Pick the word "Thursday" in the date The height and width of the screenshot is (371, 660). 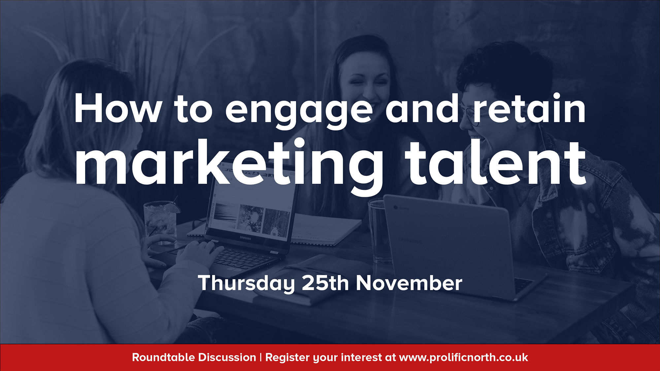(246, 283)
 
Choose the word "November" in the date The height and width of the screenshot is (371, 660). (409, 283)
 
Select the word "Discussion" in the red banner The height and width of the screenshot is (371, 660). (227, 357)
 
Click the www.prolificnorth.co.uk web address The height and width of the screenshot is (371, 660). (463, 358)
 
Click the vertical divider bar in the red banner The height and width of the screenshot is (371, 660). (261, 357)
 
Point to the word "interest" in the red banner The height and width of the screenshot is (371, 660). (361, 357)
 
